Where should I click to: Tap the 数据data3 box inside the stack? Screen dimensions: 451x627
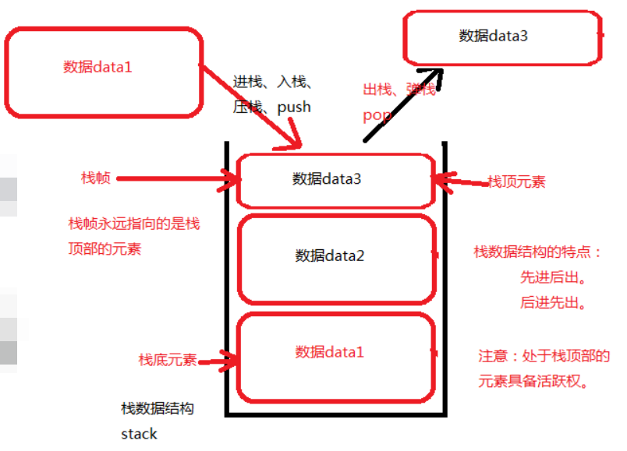coord(334,180)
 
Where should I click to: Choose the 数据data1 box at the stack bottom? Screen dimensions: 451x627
coord(335,355)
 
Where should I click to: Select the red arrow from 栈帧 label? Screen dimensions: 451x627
coord(175,179)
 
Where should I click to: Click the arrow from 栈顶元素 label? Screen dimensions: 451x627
coord(460,181)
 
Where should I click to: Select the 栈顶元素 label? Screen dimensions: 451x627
coord(516,182)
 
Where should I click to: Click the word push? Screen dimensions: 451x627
coord(293,107)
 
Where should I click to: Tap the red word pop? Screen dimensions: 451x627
coord(377,116)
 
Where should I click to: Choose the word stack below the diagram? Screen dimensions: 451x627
coord(139,434)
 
